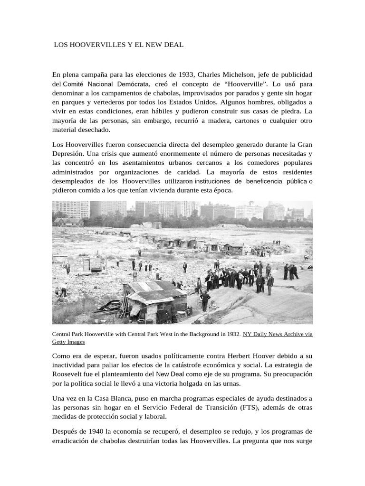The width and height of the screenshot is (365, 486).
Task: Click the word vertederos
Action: pyautogui.click(x=105, y=102)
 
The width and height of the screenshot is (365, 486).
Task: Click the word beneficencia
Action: pyautogui.click(x=264, y=181)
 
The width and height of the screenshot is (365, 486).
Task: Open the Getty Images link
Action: pyautogui.click(x=69, y=342)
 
